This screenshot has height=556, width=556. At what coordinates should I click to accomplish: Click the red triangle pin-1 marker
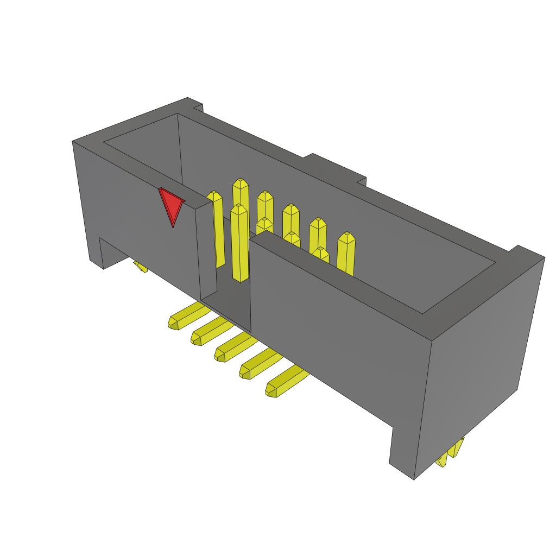(172, 206)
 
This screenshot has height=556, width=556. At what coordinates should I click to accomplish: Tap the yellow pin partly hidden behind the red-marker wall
(217, 228)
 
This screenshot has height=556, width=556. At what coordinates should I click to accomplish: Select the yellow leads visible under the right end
(450, 453)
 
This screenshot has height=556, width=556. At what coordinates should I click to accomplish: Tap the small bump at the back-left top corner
(195, 104)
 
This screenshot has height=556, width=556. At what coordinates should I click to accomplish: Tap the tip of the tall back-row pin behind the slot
(241, 183)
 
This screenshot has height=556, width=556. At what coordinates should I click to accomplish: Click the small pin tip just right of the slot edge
(264, 222)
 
